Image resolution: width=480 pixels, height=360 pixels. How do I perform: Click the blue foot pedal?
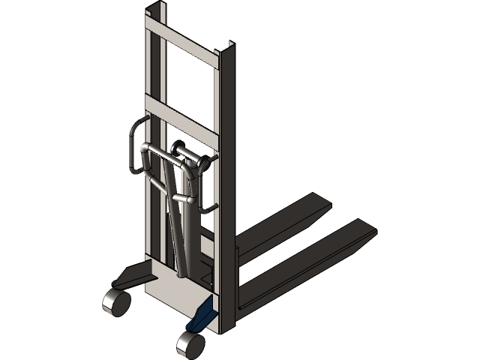200,315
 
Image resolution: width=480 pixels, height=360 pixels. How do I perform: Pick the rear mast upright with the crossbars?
153,150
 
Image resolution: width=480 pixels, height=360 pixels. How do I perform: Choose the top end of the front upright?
227,52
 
